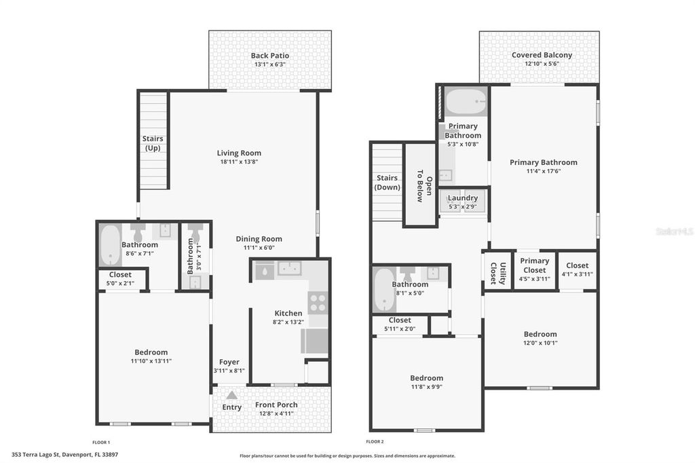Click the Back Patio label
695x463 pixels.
pos(269,56)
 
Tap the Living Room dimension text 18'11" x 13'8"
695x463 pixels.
pos(239,162)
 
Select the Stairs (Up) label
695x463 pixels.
pos(153,143)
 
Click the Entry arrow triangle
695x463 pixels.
pos(231,394)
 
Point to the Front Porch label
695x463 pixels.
pos(276,405)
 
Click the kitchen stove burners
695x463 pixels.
pos(318,302)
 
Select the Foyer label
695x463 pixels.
pos(229,362)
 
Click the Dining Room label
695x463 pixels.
pos(259,239)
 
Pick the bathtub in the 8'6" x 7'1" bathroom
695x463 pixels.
pos(109,246)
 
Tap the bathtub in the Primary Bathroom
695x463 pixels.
pos(466,102)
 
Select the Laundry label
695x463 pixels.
pos(463,198)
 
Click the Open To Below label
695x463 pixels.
pos(419,185)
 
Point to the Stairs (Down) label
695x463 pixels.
pos(387,183)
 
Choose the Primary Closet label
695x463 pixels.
pos(534,265)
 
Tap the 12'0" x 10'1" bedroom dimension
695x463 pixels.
pos(540,343)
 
